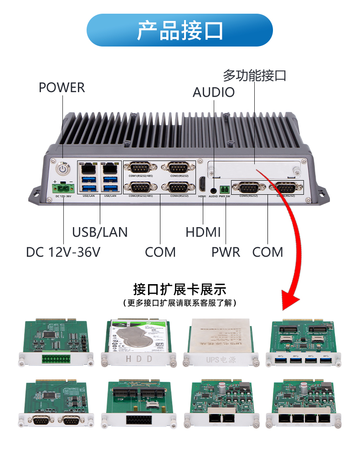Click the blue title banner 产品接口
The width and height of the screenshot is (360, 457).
click(180, 30)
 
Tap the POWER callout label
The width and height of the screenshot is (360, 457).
click(62, 88)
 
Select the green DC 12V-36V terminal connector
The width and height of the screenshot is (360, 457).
click(64, 187)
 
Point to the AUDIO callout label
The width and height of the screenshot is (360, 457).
click(213, 92)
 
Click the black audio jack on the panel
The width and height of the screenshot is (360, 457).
click(213, 187)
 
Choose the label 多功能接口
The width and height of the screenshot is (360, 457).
click(254, 75)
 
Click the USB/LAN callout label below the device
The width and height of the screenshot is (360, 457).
click(100, 232)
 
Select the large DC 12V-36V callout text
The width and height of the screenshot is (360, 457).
click(63, 252)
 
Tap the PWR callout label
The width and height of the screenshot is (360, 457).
click(226, 252)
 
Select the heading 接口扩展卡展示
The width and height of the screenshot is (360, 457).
click(180, 289)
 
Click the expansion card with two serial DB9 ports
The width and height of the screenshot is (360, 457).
click(56, 404)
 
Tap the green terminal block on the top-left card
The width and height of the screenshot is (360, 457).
click(56, 358)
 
